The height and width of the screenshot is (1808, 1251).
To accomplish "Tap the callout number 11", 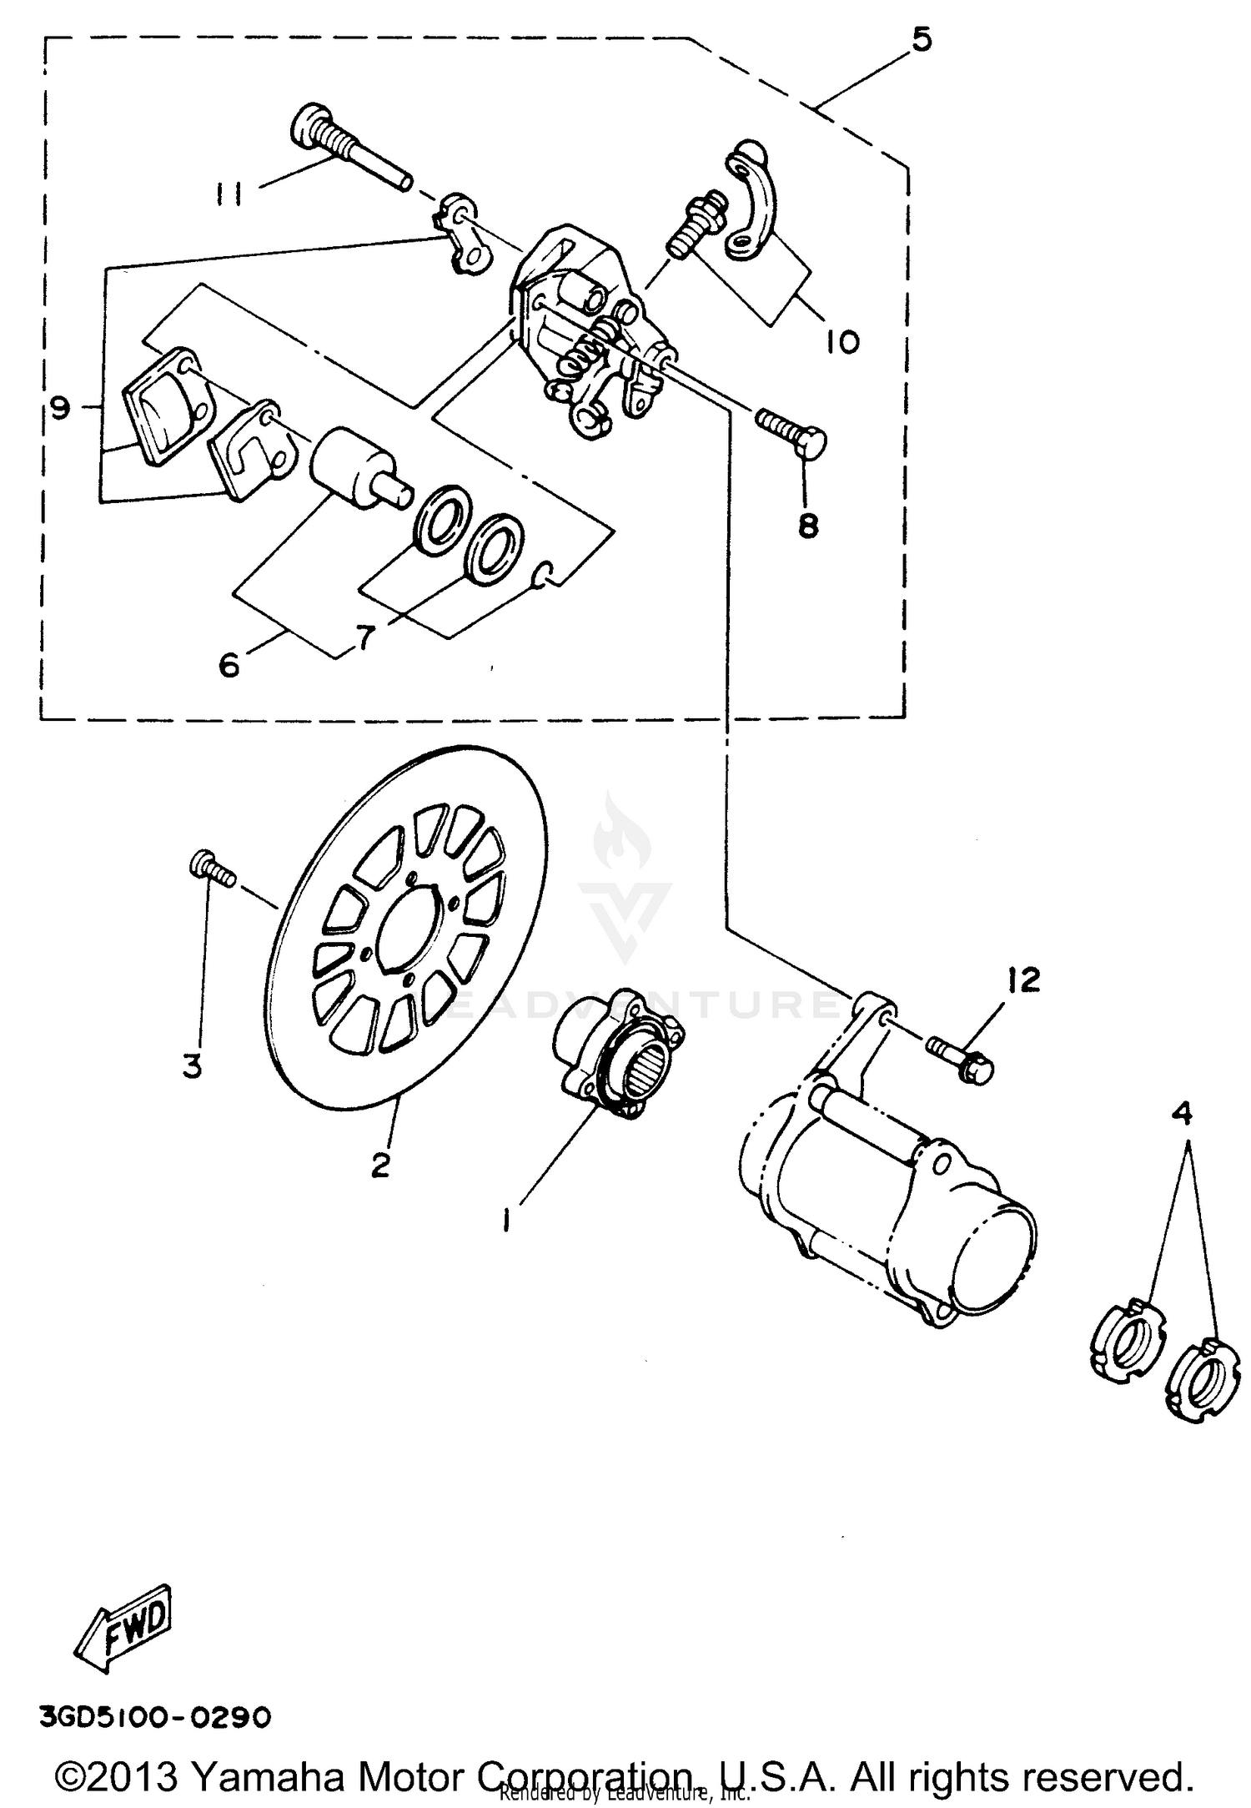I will [x=227, y=194].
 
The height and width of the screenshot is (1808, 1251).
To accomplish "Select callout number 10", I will [x=843, y=340].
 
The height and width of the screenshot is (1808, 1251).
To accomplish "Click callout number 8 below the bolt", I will [x=808, y=526].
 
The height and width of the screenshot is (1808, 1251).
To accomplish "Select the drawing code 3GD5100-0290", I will [x=153, y=1718].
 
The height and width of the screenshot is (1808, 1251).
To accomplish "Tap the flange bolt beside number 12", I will [x=960, y=1060].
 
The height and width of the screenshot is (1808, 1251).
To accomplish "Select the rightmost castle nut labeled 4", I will [x=1200, y=1391].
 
